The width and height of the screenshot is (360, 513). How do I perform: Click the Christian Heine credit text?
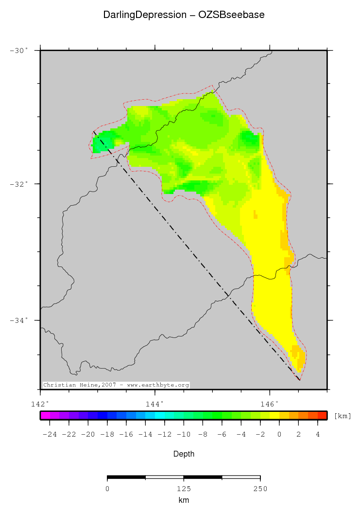point(116,385)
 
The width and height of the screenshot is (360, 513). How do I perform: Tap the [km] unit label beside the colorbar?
point(343,416)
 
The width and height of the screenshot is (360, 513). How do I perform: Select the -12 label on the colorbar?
point(165,434)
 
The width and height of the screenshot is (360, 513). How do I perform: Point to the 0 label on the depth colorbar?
point(279,434)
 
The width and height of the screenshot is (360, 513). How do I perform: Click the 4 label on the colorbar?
point(318,434)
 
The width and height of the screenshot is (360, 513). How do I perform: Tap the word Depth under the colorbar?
point(184,454)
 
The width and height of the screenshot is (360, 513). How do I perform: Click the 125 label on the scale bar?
point(184,488)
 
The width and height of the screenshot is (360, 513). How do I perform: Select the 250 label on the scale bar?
point(260,488)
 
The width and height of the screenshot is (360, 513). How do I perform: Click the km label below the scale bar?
point(184,500)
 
